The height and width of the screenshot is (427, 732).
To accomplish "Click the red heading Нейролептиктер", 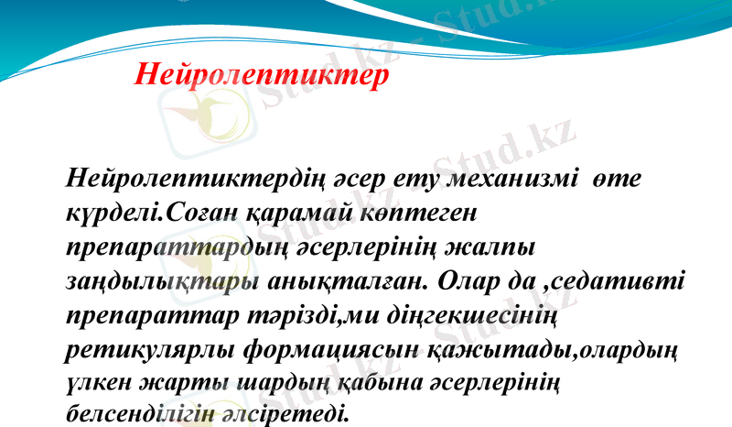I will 262,74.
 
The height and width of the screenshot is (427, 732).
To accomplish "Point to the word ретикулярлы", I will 153,350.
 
